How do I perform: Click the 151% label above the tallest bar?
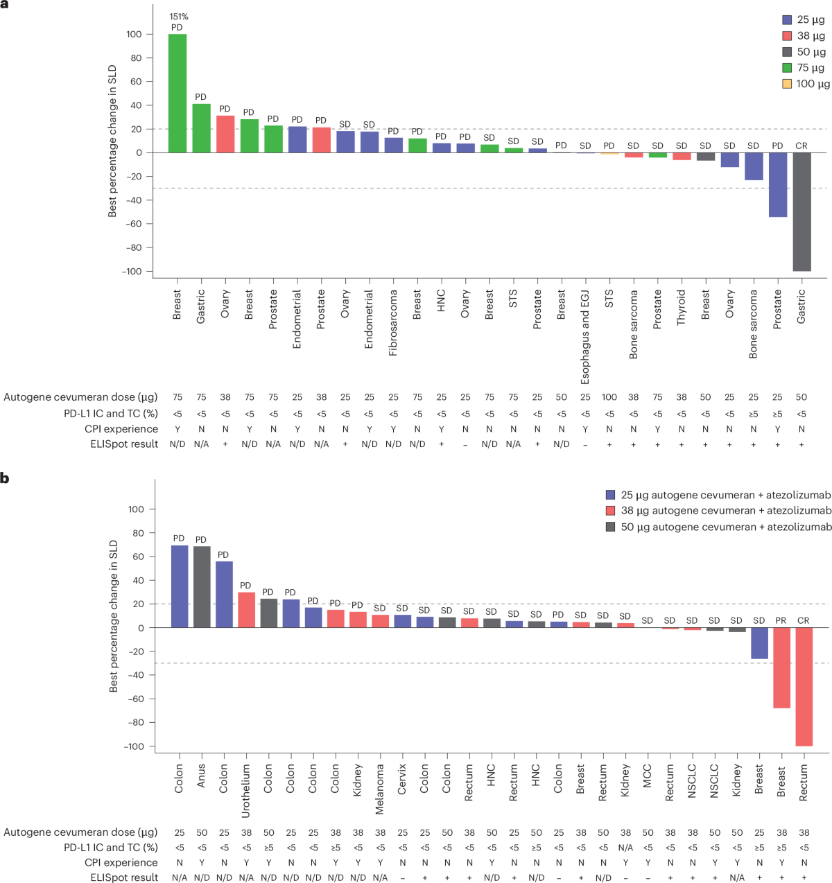tap(178, 17)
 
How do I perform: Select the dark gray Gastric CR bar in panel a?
tap(801, 211)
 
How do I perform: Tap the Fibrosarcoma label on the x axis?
tap(393, 322)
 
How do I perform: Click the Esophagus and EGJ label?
tap(585, 337)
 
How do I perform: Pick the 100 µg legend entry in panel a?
tap(806, 84)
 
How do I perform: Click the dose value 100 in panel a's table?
tap(609, 397)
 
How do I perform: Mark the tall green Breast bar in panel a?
tap(177, 94)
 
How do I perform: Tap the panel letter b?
tap(5, 478)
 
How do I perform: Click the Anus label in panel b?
tap(201, 776)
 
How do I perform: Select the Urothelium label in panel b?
tap(246, 791)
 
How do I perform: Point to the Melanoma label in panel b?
tap(380, 789)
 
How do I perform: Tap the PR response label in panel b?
tap(781, 620)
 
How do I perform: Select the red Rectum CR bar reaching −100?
tap(804, 686)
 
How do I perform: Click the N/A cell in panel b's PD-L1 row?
tap(625, 847)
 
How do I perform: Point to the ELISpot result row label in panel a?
tap(124, 444)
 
